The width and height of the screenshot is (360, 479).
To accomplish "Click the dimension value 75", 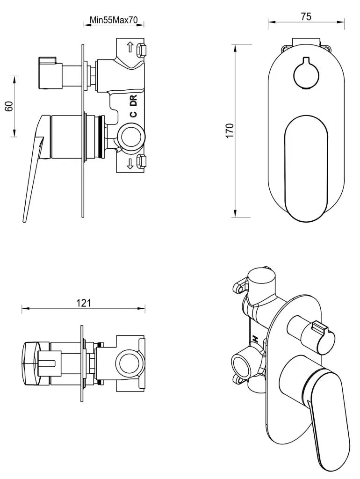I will click(x=306, y=16).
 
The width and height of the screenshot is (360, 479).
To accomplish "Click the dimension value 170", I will click(x=230, y=131).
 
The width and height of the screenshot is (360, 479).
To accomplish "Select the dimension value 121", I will click(x=83, y=303).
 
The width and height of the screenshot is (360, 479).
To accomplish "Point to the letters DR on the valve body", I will click(x=133, y=101).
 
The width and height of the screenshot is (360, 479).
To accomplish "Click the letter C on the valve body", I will click(x=133, y=115).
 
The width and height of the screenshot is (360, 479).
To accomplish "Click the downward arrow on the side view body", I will click(x=130, y=163).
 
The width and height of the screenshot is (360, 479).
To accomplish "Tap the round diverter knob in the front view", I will click(x=306, y=72).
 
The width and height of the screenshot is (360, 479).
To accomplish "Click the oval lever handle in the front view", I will click(x=306, y=168).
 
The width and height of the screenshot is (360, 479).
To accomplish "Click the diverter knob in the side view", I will click(x=49, y=73).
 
